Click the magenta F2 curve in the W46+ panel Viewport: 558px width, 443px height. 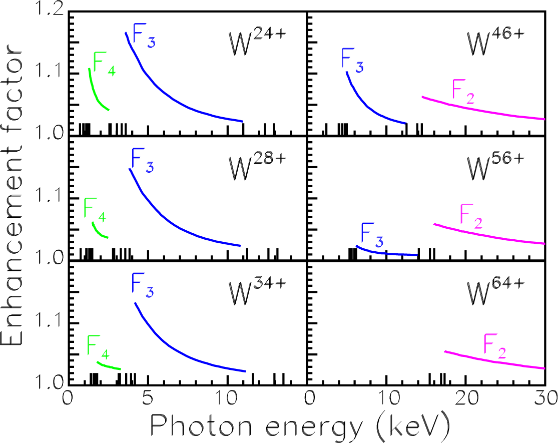[480, 109]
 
